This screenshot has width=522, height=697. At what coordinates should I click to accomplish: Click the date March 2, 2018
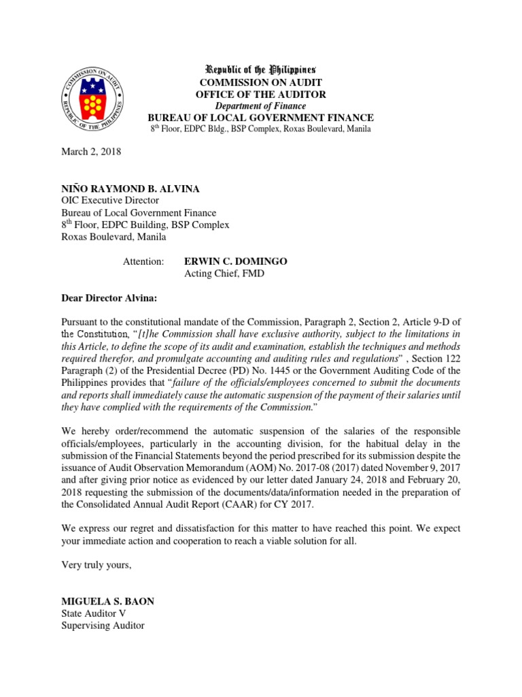pyautogui.click(x=90, y=152)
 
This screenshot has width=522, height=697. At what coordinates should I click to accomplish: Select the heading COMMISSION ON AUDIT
pyautogui.click(x=261, y=82)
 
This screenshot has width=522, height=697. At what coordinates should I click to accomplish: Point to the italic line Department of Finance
pyautogui.click(x=261, y=106)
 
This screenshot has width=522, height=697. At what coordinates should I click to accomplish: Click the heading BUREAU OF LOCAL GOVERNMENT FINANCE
pyautogui.click(x=261, y=118)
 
